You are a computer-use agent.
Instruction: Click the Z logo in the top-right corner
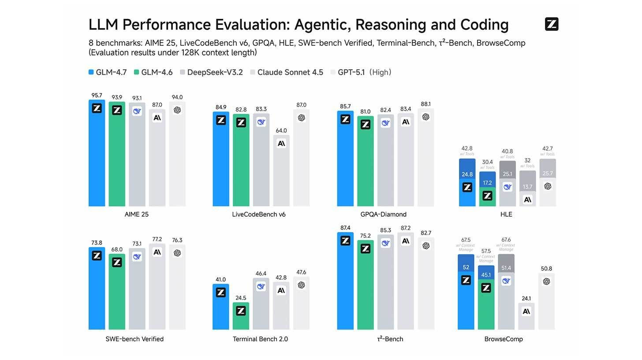pos(552,24)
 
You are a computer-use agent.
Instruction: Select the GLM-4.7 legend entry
pos(108,72)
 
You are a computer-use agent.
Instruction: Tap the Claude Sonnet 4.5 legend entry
pos(287,72)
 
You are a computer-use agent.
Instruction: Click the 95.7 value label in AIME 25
pos(97,95)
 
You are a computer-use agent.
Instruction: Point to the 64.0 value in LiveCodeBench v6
pos(281,131)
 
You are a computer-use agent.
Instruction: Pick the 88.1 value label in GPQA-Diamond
pos(426,104)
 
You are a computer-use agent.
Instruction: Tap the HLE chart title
pos(506,214)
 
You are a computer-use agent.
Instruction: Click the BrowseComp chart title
pos(504,339)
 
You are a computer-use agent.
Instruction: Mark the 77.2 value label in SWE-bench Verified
pos(157,239)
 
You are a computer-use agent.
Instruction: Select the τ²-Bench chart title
pos(390,339)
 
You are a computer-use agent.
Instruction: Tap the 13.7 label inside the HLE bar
pos(527,187)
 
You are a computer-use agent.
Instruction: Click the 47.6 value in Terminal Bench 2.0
pos(301,272)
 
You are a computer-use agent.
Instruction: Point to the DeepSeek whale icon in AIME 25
pos(137,111)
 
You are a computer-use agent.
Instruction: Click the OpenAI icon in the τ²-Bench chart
pos(426,246)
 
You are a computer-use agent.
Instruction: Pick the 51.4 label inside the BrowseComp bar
pos(506,268)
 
